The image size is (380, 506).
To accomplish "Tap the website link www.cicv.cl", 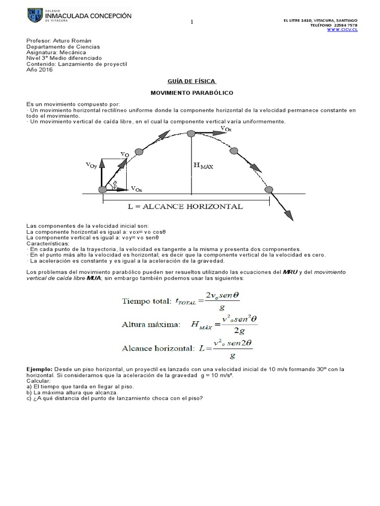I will pos(341,30).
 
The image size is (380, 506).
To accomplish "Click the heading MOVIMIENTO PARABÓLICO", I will pos(192,92).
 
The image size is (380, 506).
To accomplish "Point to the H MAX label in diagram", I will pos(203,167).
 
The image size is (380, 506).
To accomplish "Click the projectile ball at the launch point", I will pos(102,189).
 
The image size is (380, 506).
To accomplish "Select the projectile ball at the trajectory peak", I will pos(191,132).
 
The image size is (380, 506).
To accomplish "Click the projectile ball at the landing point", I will pos(269,189).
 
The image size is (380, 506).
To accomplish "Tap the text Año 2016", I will pos(39,70).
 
